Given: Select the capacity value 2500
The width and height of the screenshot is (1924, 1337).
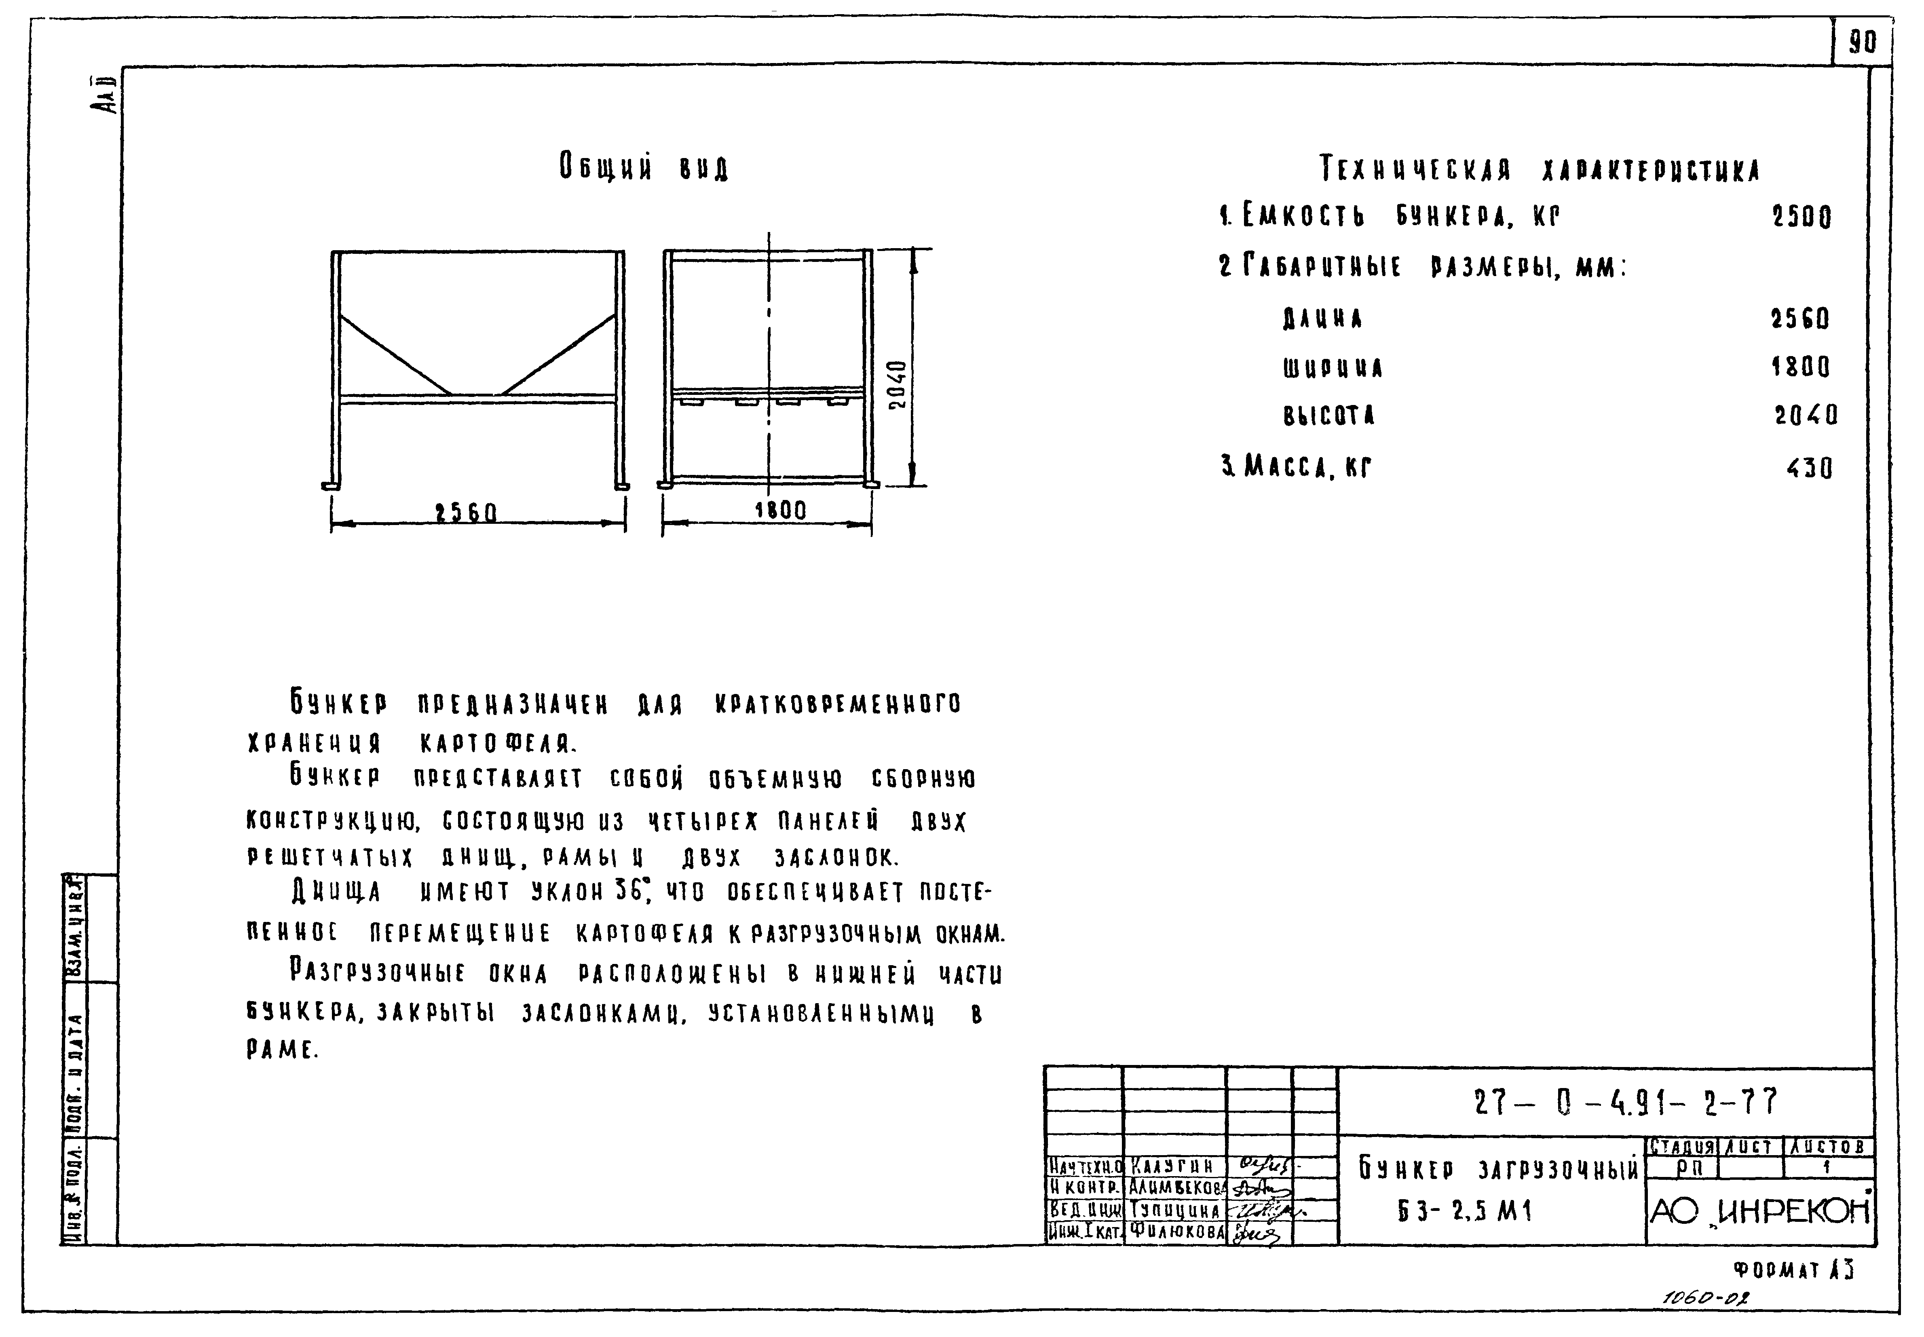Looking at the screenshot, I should coord(1802,218).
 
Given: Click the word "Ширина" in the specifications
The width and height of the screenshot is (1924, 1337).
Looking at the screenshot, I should coord(1333,368).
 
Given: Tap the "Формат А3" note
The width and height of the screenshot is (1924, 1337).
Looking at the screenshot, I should coord(1793,1271).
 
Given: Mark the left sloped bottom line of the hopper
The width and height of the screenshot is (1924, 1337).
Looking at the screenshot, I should coord(395,354).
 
